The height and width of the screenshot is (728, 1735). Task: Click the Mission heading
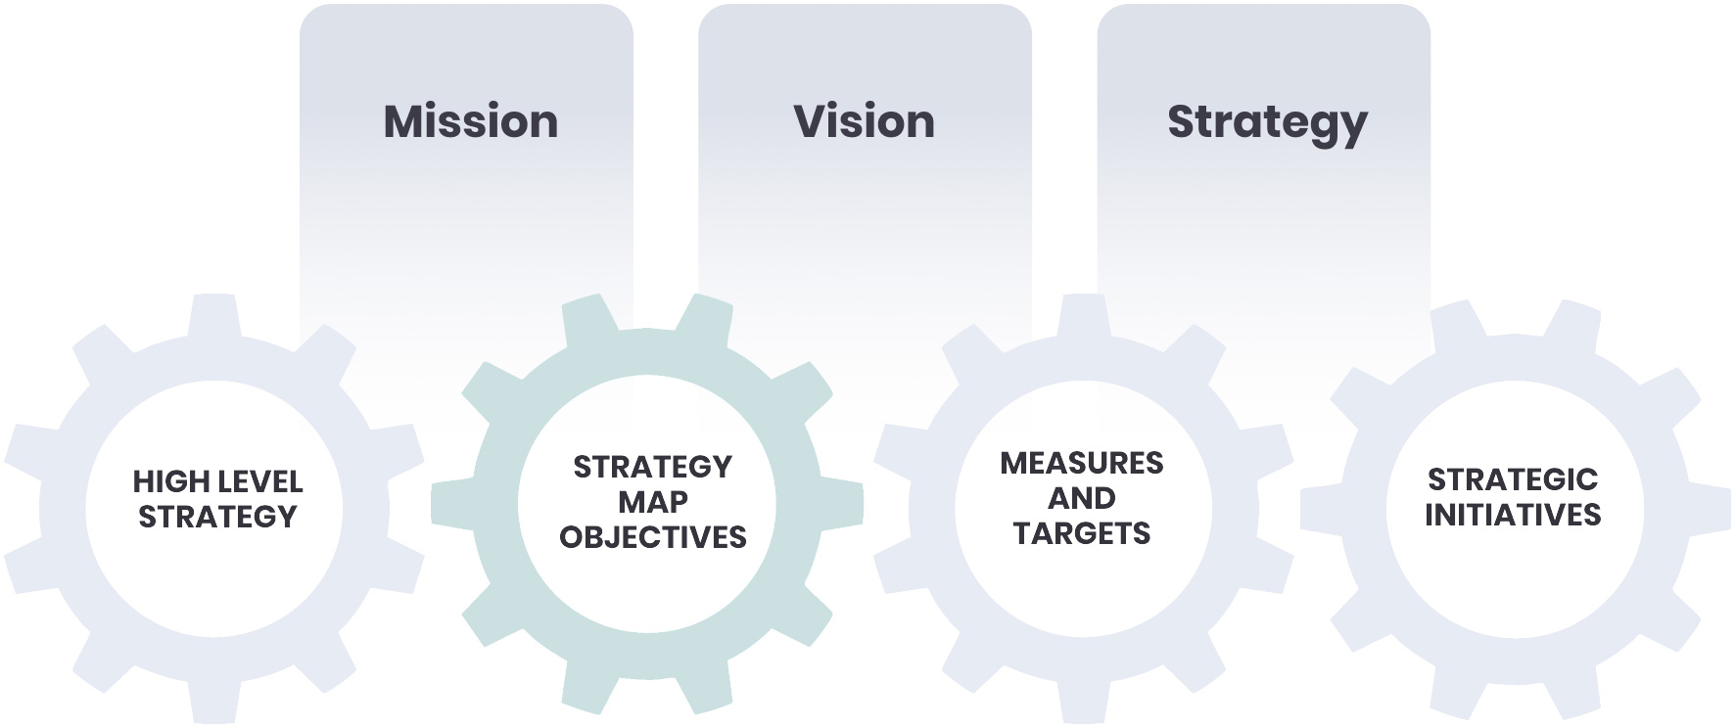point(471,121)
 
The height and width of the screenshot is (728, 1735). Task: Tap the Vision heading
point(864,121)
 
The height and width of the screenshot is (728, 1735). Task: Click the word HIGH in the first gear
point(171,481)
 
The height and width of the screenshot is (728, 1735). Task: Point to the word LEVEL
point(259,481)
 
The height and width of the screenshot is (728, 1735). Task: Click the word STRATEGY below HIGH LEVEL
point(217,517)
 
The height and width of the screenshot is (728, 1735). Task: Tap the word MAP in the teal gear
point(652,502)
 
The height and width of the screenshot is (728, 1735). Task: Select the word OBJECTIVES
point(652,537)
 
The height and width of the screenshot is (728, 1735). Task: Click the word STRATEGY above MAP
point(652,467)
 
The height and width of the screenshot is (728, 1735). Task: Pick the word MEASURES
point(1082,463)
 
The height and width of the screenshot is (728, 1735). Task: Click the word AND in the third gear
point(1082,498)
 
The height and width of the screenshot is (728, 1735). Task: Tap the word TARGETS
point(1082,533)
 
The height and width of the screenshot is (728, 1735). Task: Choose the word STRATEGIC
point(1513,479)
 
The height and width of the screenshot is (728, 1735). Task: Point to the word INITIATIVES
point(1513,515)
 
